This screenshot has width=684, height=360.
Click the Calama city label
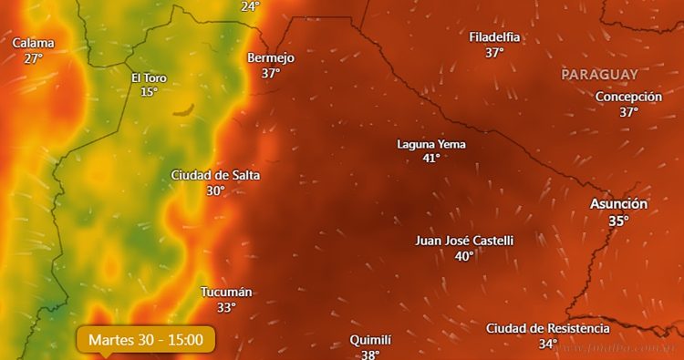click(33, 43)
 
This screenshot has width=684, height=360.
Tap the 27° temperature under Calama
click(33, 58)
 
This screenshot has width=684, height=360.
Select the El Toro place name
click(149, 77)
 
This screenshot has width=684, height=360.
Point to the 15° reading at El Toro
click(149, 91)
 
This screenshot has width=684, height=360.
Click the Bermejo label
click(271, 57)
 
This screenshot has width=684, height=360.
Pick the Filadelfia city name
click(494, 37)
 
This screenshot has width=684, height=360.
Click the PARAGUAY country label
click(599, 74)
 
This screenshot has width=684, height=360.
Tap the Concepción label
click(628, 97)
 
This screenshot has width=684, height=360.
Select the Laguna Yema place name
click(431, 144)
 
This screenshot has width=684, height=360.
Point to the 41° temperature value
click(431, 158)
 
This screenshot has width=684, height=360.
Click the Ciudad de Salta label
click(215, 175)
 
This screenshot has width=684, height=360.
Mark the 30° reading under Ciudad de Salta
click(215, 190)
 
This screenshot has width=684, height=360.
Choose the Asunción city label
click(618, 204)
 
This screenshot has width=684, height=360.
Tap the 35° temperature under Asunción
click(618, 221)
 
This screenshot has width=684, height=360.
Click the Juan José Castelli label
click(464, 241)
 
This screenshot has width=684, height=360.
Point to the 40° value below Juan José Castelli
click(464, 256)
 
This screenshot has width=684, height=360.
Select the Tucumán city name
click(226, 292)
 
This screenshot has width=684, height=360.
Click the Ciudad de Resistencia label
click(547, 328)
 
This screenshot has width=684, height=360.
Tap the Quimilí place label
click(370, 340)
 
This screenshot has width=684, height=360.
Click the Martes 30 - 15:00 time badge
click(146, 340)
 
